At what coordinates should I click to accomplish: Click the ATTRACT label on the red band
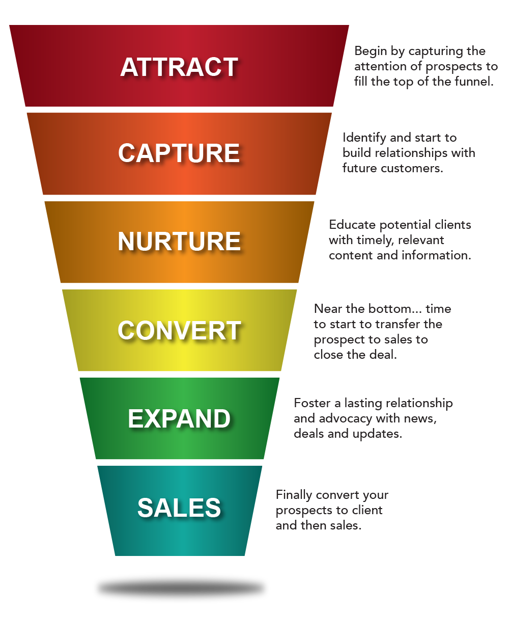tap(179, 67)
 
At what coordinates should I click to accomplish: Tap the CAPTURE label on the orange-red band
tap(179, 153)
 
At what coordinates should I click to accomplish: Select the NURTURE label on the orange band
tap(179, 242)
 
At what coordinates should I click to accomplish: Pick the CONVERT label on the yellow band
tap(179, 330)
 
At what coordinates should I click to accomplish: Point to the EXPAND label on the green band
tap(179, 419)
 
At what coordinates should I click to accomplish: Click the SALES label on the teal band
tap(179, 508)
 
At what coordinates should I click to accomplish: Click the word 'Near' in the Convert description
tap(328, 309)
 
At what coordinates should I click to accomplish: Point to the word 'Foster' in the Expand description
tap(312, 403)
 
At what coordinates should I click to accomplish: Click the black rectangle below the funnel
tap(181, 588)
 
